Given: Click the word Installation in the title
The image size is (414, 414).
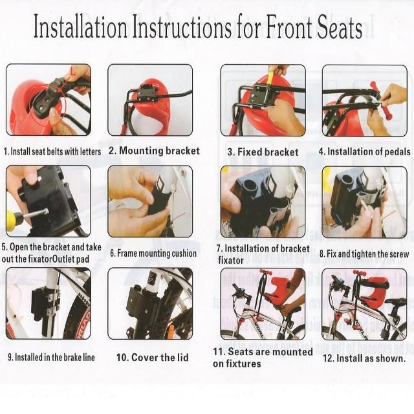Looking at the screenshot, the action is (80, 26).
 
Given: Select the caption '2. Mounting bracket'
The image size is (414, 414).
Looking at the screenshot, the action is (154, 151).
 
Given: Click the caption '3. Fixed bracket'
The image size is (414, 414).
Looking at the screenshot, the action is (263, 152).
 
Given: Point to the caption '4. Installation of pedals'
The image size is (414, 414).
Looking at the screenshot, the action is (364, 151).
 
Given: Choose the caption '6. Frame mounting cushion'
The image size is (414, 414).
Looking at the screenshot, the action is (153, 254).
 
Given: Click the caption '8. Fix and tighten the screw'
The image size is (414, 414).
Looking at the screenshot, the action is (364, 254).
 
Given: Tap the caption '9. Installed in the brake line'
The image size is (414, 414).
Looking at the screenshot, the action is (51, 357).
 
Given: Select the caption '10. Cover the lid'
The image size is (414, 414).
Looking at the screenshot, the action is (153, 358).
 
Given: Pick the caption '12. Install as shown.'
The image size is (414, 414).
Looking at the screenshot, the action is (364, 358).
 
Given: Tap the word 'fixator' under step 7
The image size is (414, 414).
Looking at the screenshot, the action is (230, 261).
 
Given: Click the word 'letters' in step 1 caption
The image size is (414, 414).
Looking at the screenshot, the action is (91, 151).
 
